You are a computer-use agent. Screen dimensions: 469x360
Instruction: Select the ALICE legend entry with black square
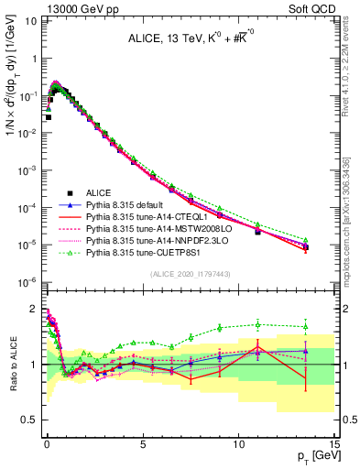[x=97, y=193]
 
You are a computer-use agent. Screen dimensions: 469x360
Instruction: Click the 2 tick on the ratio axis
[x=35, y=309]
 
